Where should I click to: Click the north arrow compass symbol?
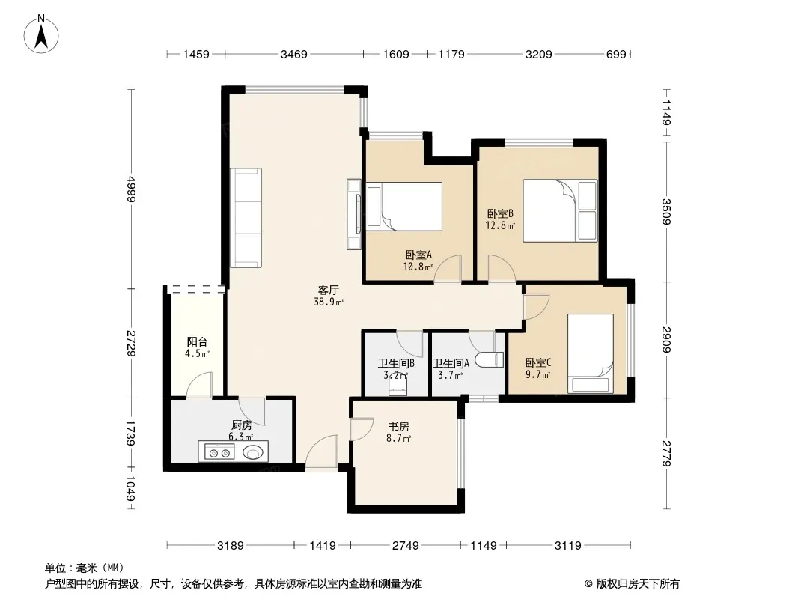41,34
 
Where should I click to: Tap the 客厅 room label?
329,290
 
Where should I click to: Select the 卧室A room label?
419,255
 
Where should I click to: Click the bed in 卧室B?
560,210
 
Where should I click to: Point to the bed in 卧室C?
591,353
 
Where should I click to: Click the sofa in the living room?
246,218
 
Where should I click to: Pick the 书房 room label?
398,426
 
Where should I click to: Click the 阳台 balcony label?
197,342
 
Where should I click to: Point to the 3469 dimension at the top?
293,54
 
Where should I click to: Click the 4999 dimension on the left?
131,189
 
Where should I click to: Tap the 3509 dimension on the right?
666,211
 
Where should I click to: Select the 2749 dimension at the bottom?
406,546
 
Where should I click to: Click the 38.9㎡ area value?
329,302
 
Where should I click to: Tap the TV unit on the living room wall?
354,213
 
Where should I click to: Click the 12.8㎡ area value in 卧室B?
500,225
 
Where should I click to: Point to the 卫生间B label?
396,363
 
